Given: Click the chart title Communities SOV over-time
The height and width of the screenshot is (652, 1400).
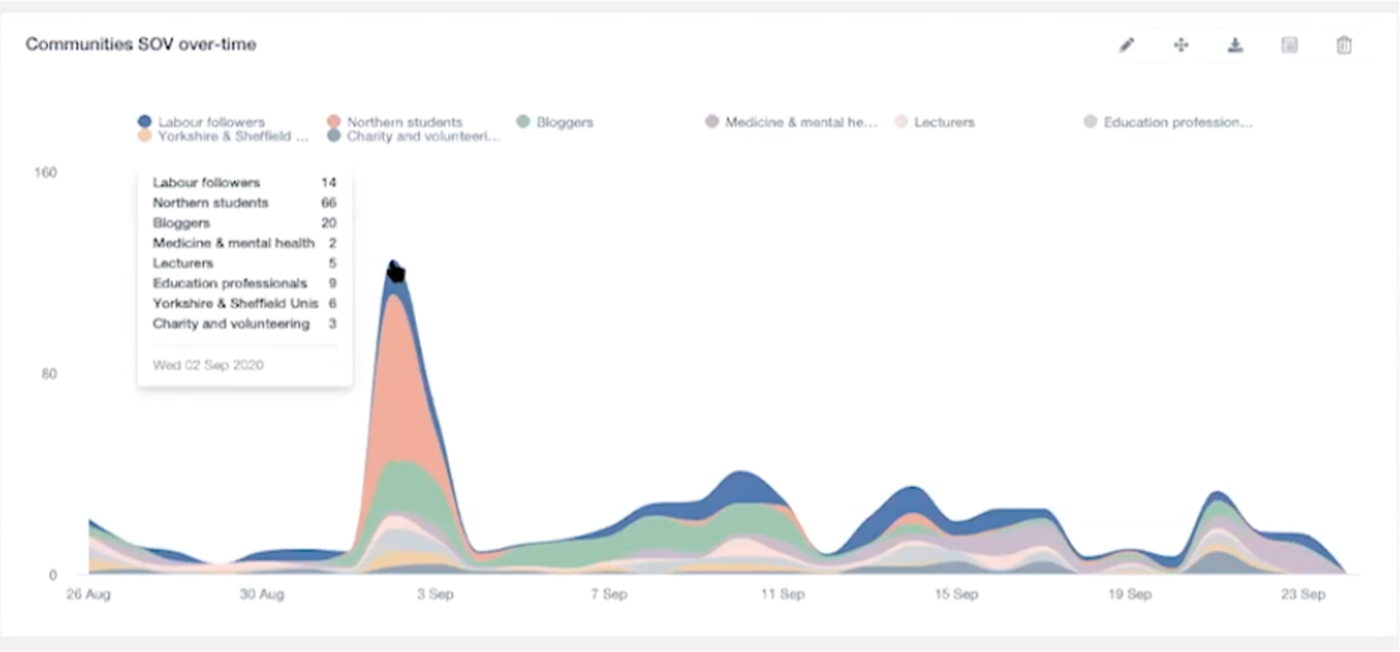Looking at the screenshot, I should click(140, 44).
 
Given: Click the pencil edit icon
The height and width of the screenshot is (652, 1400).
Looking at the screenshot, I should click(1127, 45).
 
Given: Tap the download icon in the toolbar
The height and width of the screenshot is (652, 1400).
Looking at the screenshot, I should click(1235, 45).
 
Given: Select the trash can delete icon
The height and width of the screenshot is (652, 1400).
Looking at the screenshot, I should click(1343, 45).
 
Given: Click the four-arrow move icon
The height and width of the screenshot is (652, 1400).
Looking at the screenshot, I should click(1180, 45).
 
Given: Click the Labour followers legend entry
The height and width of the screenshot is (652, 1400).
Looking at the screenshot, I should click(201, 121).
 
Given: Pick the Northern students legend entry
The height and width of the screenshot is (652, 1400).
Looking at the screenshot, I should click(395, 121).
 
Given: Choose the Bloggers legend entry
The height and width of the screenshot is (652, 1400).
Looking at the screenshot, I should click(555, 121).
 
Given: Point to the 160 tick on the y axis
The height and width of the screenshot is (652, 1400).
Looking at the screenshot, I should click(46, 172).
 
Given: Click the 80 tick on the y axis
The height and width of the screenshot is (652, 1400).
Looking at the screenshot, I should click(49, 374).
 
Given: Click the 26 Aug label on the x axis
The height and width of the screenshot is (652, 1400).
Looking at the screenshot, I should click(87, 595).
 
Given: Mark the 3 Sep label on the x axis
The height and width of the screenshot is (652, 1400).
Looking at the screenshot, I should click(435, 595).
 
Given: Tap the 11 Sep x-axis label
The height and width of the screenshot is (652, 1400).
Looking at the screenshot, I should click(782, 595).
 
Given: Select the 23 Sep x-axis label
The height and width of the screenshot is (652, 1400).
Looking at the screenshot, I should click(1302, 595).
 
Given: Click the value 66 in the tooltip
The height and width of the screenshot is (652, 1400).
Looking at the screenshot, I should click(328, 202).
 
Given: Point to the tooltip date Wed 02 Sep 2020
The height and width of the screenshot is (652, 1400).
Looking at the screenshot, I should click(208, 365).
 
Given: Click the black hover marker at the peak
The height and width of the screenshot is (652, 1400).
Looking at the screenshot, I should click(395, 272).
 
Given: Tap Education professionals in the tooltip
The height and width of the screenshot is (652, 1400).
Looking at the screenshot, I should click(230, 284).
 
